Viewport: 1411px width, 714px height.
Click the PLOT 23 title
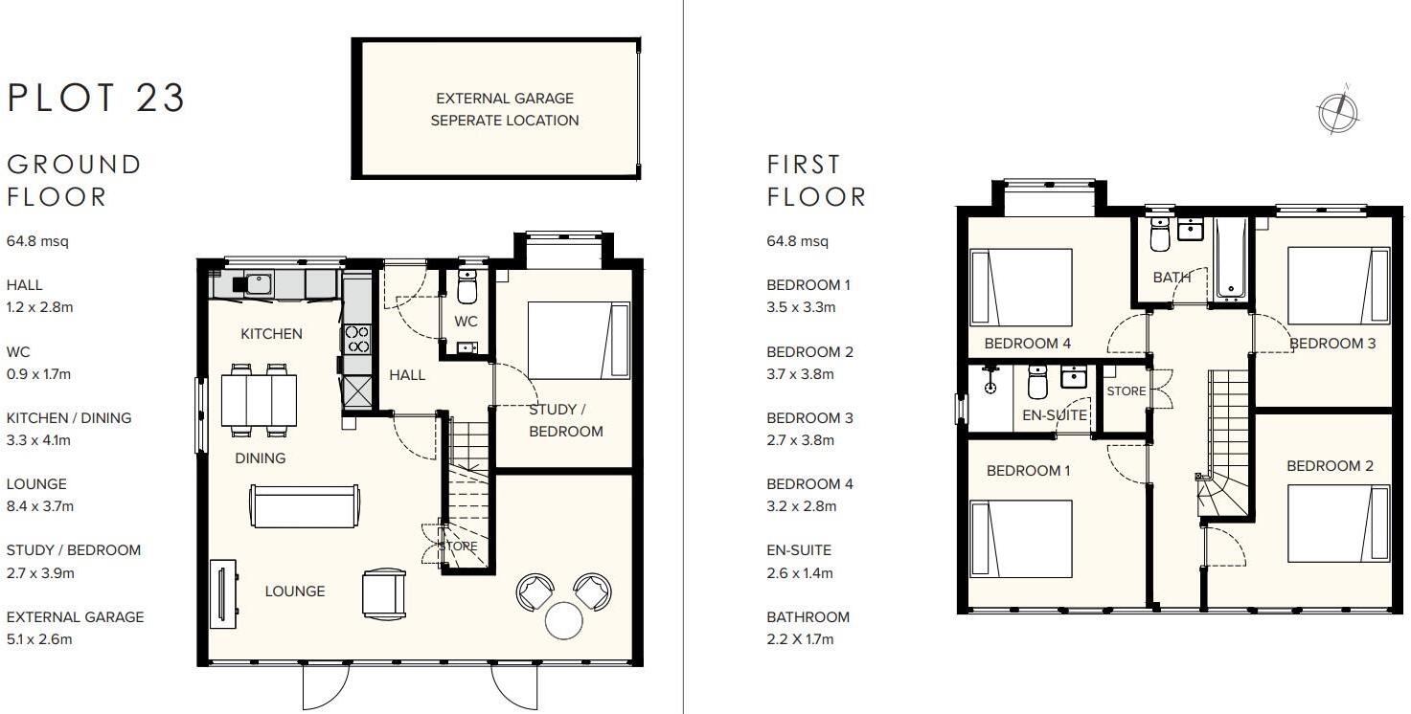96,99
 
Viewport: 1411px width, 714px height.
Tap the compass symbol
1338,111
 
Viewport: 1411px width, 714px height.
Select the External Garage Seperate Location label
504,109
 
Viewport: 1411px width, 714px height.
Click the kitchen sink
256,283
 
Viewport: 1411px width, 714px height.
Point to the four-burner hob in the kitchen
356,339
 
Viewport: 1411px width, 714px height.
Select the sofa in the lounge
305,505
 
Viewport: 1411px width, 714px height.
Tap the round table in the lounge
563,620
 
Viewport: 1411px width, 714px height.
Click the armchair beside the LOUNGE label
383,592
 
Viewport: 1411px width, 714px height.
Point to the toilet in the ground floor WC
467,286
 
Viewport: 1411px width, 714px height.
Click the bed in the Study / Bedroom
579,341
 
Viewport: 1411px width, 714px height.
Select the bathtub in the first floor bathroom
1230,258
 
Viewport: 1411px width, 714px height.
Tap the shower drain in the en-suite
990,389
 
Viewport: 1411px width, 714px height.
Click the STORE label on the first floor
1126,391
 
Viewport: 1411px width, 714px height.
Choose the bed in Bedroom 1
1021,539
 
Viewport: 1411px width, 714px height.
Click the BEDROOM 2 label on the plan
1330,466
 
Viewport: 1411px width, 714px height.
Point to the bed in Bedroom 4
1021,287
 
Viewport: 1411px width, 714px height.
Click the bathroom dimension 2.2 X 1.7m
800,639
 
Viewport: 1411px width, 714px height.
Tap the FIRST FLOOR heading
816,181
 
